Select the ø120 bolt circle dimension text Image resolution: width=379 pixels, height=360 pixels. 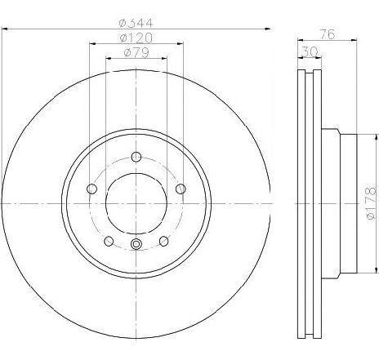tap(136, 38)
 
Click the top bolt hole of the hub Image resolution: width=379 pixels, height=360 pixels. tap(137, 158)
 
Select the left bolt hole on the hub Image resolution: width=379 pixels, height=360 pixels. tap(91, 189)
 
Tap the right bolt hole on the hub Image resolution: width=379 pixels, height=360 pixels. tap(181, 189)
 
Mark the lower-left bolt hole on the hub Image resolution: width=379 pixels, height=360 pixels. tap(109, 241)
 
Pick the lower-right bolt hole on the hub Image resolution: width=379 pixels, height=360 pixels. tap(164, 241)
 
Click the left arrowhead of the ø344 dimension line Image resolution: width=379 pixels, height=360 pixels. tap(6, 29)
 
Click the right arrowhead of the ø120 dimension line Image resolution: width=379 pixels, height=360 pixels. tap(181, 44)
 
